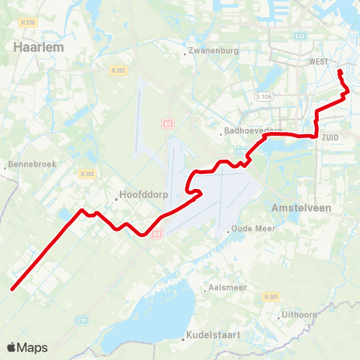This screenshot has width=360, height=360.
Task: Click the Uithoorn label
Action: pyautogui.click(x=302, y=314)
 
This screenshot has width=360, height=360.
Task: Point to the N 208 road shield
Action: pyautogui.click(x=28, y=23)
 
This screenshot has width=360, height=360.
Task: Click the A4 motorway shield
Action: pyautogui.click(x=157, y=233)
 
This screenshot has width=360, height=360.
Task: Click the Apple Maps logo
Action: pyautogui.click(x=26, y=347)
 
